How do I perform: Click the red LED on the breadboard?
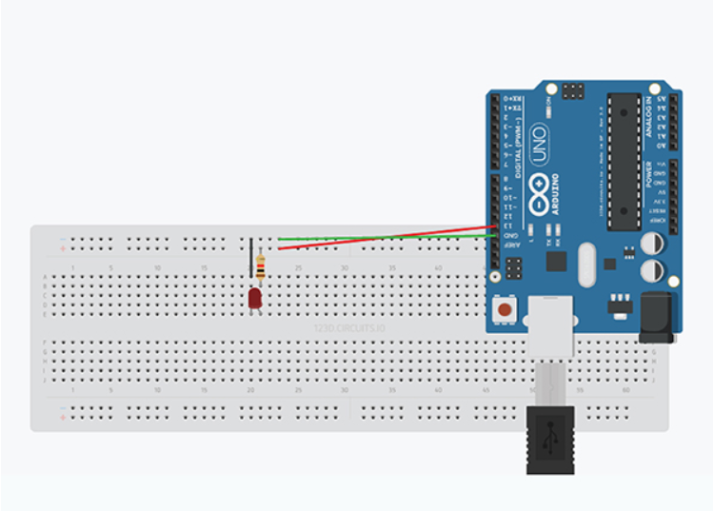[x=255, y=299]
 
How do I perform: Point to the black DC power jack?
[x=657, y=318]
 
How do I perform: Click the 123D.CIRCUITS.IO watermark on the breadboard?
[x=349, y=328]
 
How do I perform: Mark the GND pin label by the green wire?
[x=510, y=234]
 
